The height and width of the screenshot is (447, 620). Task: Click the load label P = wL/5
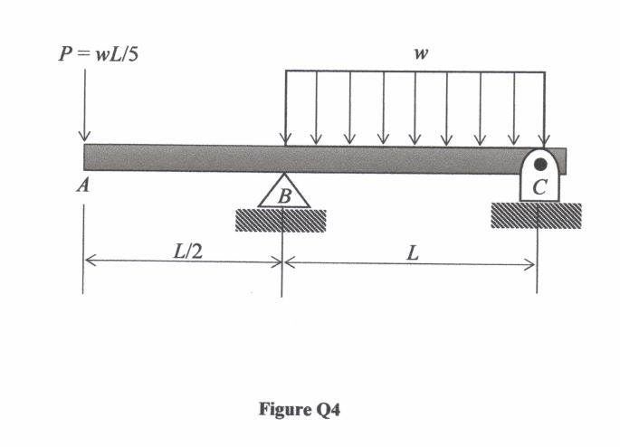(x=98, y=52)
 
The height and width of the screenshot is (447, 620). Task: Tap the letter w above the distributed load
(x=419, y=53)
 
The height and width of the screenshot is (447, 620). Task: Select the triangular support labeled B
(x=283, y=192)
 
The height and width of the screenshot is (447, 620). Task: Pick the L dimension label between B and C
(x=412, y=252)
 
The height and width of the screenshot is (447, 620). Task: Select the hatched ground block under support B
(x=281, y=220)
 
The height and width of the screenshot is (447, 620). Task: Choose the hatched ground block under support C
(x=536, y=214)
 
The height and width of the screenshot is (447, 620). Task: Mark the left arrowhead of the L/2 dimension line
(x=90, y=262)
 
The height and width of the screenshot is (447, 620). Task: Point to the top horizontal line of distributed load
(x=415, y=71)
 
